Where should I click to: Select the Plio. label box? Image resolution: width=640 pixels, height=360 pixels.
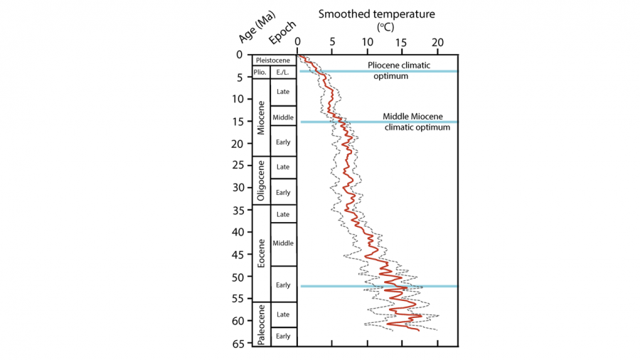(260, 72)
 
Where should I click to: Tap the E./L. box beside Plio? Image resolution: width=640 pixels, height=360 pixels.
(283, 72)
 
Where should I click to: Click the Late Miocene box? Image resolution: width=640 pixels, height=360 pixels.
(283, 91)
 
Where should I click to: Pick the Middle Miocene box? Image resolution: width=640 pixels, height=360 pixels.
(283, 117)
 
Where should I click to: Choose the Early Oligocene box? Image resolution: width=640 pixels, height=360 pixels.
(283, 192)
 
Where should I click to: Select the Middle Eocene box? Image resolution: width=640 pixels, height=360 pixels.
(283, 243)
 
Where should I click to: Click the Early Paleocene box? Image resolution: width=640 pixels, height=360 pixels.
(283, 337)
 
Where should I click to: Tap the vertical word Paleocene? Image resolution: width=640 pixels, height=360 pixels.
(261, 325)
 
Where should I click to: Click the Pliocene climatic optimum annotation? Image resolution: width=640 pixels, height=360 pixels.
(398, 70)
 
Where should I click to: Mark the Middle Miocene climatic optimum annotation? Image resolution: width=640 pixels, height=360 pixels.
(417, 122)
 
